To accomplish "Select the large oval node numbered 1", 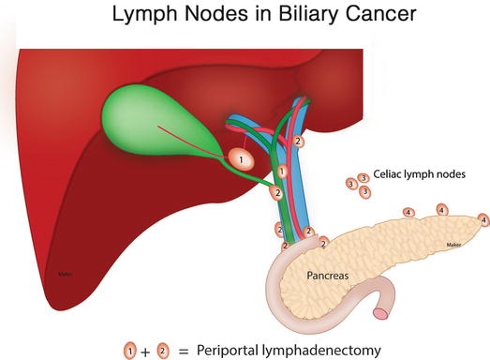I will pos(242,160).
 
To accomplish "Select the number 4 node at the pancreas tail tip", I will pos(483,219).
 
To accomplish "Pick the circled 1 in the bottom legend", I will pos(131,350).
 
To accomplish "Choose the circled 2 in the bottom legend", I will pos(163,350).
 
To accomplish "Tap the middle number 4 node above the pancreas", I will pos(441,210).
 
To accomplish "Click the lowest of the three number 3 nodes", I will pos(364,191).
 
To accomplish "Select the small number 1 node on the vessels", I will pos(282,172).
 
